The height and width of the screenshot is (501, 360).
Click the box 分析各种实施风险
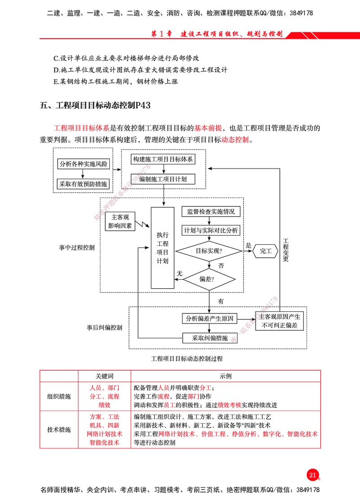84,164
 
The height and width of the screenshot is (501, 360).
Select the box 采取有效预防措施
84,183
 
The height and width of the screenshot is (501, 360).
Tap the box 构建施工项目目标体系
163,160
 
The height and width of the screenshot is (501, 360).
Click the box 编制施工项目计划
163,179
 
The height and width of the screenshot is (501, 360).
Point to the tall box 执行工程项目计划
162,248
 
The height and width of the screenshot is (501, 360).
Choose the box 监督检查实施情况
211,212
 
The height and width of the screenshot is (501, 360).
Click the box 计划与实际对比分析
211,231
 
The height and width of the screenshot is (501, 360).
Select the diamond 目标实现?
209,250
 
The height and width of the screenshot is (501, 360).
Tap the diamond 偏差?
209,279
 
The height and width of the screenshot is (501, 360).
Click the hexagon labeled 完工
265,251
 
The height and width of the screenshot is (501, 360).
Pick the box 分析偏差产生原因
209,319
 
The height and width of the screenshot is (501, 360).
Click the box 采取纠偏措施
209,338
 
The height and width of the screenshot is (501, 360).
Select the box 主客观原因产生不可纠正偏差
279,321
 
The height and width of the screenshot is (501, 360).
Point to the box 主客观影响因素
121,222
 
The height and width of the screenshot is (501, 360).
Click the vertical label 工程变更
285,250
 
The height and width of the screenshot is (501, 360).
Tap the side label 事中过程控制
76,248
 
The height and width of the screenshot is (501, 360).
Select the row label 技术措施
59,429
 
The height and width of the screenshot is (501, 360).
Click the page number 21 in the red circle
313,475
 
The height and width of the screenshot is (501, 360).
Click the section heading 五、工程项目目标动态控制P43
95,106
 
